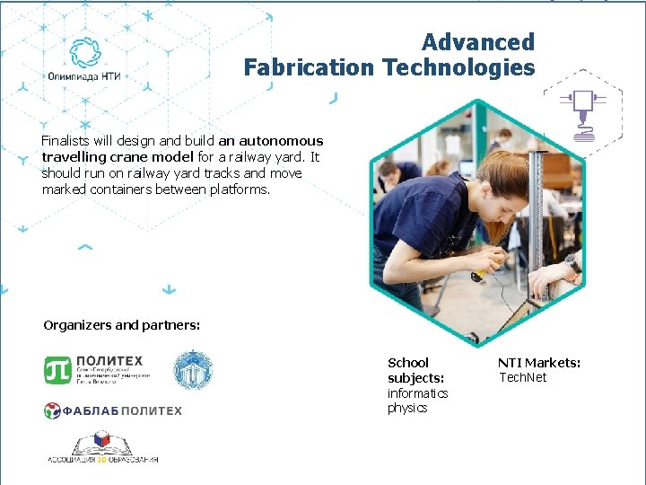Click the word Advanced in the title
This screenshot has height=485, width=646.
[x=477, y=42]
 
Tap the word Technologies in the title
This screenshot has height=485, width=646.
[x=458, y=67]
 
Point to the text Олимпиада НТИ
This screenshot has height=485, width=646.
[x=85, y=77]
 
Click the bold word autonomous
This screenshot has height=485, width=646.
[x=283, y=141]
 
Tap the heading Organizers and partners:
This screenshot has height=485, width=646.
[x=121, y=325]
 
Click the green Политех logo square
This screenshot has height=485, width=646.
[x=57, y=369]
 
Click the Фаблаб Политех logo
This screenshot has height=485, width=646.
[x=113, y=410]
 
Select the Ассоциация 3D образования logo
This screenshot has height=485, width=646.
[x=102, y=447]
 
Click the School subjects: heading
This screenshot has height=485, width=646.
[x=415, y=370]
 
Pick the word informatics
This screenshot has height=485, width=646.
[x=417, y=393]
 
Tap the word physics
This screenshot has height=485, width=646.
[x=407, y=408]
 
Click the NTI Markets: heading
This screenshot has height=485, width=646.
[x=539, y=363]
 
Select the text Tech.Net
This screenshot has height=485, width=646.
[x=522, y=377]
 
